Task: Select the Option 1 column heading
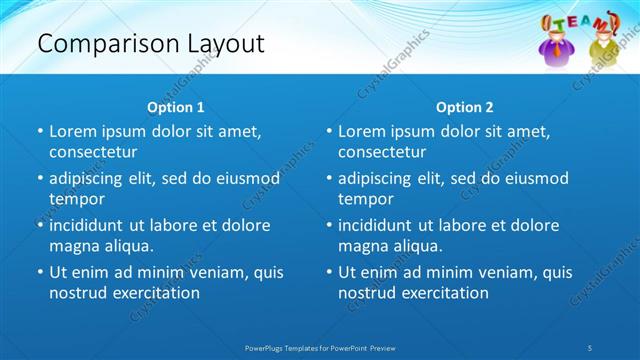tap(176, 107)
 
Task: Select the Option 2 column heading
tap(465, 107)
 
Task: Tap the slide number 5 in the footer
tap(590, 346)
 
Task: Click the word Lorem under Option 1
tap(73, 131)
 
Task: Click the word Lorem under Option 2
tap(362, 131)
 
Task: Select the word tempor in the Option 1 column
tap(76, 199)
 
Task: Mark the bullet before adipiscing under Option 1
tap(41, 179)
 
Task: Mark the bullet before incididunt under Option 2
tap(330, 226)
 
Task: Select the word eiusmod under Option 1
tap(250, 178)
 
